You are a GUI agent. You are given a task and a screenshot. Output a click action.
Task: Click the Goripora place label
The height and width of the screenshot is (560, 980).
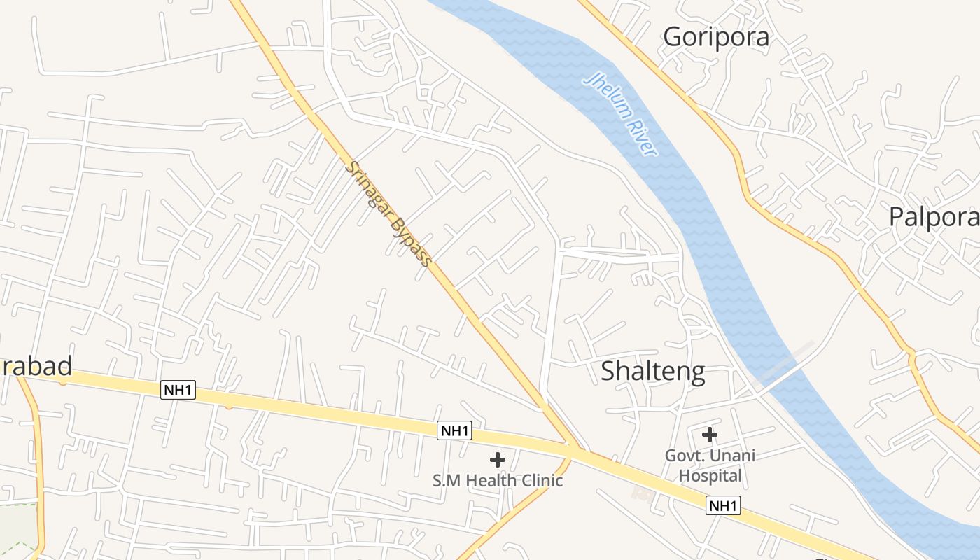(716, 36)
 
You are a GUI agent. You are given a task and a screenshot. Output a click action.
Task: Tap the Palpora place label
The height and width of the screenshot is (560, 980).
(934, 217)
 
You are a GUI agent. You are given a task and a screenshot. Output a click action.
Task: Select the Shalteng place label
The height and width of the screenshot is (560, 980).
(652, 371)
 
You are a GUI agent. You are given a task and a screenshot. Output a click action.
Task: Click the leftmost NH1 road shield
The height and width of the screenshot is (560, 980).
(178, 391)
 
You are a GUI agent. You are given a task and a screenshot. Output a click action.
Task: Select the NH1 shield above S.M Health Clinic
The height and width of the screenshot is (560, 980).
(454, 430)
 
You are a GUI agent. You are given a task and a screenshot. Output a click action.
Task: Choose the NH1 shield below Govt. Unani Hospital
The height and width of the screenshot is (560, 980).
(723, 505)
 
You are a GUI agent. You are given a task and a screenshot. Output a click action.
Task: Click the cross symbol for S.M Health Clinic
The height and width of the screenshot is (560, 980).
(498, 460)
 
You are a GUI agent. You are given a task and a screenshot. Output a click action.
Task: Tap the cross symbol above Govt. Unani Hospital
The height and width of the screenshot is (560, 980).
(710, 435)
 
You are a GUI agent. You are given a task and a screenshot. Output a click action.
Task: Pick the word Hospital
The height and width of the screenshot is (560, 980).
(710, 476)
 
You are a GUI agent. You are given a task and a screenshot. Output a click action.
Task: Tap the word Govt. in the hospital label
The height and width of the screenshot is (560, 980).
(684, 456)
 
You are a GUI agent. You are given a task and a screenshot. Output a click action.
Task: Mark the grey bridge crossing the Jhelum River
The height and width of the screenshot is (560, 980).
(785, 363)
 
